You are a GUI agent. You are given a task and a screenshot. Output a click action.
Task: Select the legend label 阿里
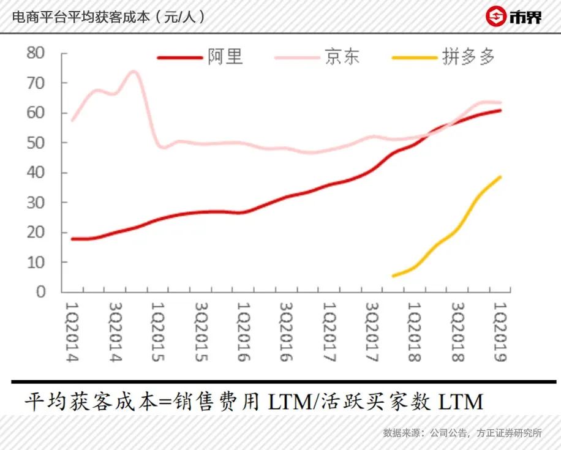click(225, 57)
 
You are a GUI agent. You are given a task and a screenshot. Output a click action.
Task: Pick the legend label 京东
click(342, 57)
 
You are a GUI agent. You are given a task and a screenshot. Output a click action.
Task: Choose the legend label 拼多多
click(469, 57)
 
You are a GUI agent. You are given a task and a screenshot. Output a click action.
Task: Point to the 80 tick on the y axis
click(37, 53)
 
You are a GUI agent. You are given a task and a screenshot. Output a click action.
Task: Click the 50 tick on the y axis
click(37, 143)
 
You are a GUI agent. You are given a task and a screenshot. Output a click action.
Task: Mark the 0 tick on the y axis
click(41, 292)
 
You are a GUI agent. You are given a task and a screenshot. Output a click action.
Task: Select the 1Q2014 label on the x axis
click(73, 331)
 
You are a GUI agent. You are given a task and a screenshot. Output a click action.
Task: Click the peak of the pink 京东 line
click(133, 72)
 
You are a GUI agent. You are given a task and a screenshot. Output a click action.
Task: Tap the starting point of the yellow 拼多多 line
click(393, 276)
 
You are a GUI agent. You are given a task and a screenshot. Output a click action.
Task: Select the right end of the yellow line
click(500, 177)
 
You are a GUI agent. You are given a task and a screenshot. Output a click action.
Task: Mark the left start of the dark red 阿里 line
click(72, 239)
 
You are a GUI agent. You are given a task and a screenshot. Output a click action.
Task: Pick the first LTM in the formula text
click(287, 402)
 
